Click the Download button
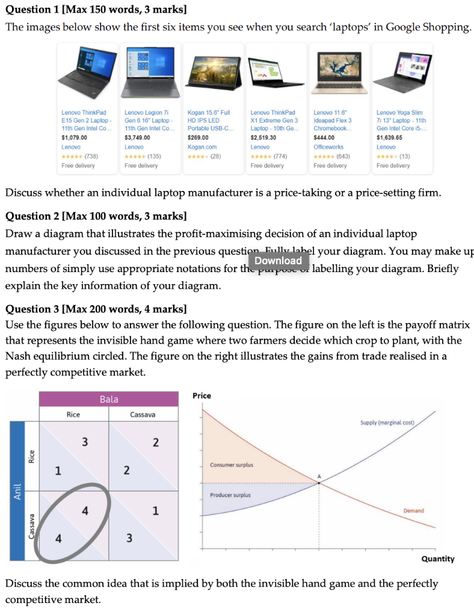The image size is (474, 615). click(279, 261)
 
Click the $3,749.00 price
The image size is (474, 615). click(137, 138)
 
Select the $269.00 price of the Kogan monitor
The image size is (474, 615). click(197, 138)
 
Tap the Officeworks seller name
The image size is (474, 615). click(328, 147)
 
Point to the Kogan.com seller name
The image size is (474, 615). click(202, 147)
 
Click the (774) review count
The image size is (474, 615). click(280, 156)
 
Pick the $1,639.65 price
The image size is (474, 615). click(390, 138)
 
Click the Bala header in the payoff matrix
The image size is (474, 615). click(109, 399)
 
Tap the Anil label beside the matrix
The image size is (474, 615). click(17, 491)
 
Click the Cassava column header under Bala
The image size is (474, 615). click(143, 414)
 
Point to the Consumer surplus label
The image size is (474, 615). click(232, 465)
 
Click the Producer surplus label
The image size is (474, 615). click(230, 495)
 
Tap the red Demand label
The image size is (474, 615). click(413, 510)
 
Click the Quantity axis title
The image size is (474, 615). click(437, 559)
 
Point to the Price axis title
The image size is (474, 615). click(202, 395)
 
